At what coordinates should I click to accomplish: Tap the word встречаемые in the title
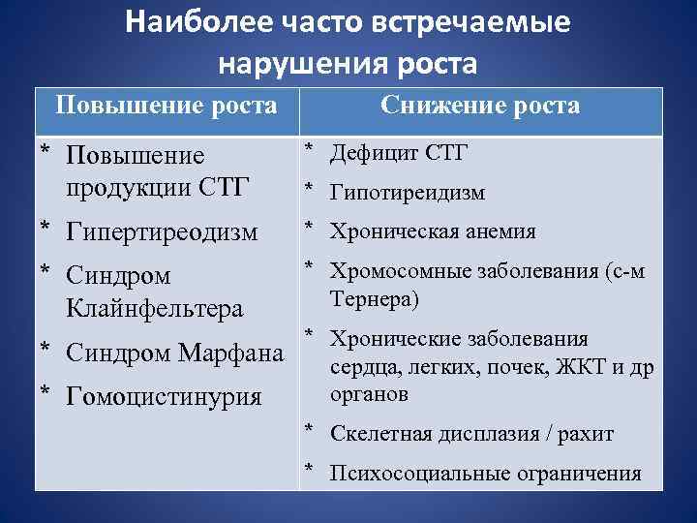480,21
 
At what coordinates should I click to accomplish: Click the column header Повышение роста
167,105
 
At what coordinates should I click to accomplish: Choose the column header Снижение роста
480,105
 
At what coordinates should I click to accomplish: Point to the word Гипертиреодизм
163,232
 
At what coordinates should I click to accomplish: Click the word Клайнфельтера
155,309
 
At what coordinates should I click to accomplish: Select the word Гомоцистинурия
165,396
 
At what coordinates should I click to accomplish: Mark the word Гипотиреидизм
408,194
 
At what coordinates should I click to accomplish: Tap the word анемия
500,232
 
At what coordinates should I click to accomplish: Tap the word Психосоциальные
410,474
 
